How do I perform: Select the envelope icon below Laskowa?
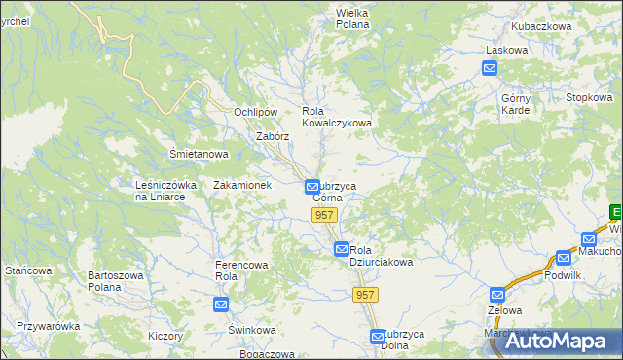[x=490, y=67]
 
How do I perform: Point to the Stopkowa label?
[x=589, y=97]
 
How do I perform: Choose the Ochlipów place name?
[x=257, y=112]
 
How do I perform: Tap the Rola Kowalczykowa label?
[x=337, y=117]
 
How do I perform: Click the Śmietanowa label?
[x=199, y=154]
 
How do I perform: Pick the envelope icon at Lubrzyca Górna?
[x=312, y=186]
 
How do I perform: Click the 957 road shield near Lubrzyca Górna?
[x=324, y=214]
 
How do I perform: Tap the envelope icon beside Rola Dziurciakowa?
[x=342, y=249]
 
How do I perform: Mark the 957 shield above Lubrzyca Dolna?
[x=365, y=295]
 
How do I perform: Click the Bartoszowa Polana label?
[x=116, y=281]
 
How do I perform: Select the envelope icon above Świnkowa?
[x=221, y=305]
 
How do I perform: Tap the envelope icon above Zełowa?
[x=497, y=294]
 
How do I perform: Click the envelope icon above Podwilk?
[x=564, y=258]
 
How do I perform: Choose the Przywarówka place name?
[x=48, y=326]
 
